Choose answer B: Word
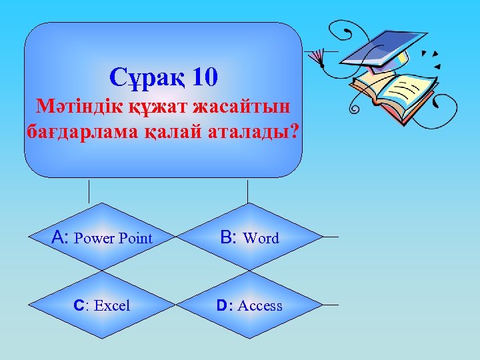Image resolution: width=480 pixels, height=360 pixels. [249, 237]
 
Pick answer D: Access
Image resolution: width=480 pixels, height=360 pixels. [249, 305]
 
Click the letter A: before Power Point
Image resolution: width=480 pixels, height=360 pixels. [61, 237]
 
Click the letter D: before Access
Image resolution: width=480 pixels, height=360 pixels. [225, 305]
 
